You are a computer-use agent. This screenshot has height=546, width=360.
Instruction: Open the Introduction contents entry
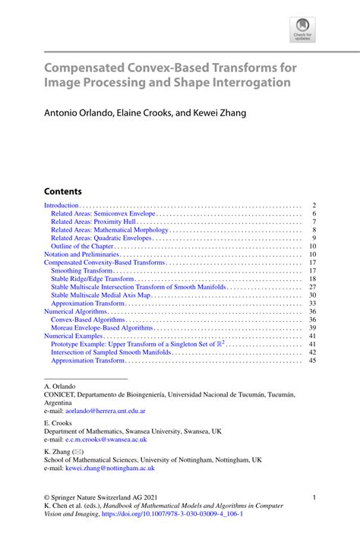coord(62,205)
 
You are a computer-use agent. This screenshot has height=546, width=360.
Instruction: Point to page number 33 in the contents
coord(312,304)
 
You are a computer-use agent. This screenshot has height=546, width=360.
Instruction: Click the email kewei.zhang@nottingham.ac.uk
coord(111,469)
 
